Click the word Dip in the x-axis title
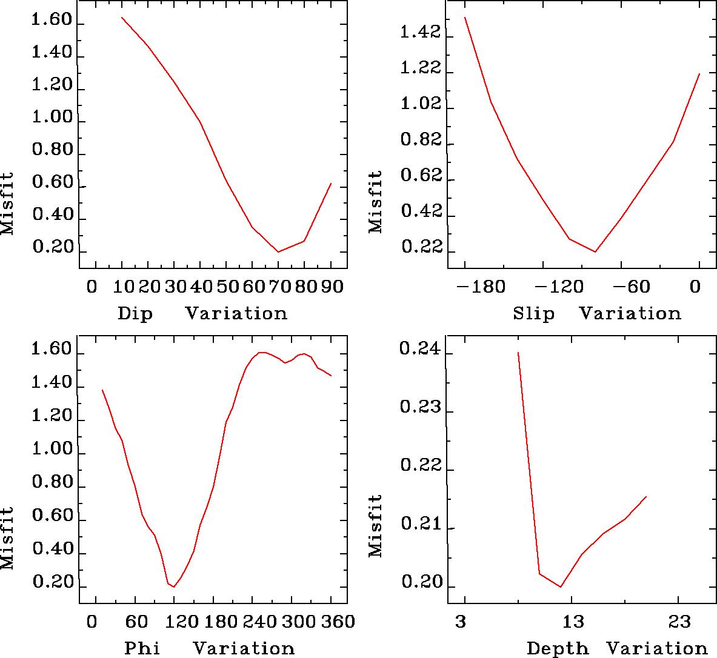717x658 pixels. pos(135,314)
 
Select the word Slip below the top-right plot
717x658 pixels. pos(533,314)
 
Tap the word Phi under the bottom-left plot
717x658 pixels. pos(142,648)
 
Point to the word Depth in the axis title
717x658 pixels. pos(558,648)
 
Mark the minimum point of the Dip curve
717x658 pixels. pos(278,251)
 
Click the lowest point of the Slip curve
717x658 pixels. pos(595,251)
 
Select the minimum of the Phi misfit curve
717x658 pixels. pos(174,587)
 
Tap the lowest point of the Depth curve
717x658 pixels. pos(561,587)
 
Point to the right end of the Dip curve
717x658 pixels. pos(331,183)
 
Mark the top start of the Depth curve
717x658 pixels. pos(518,352)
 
